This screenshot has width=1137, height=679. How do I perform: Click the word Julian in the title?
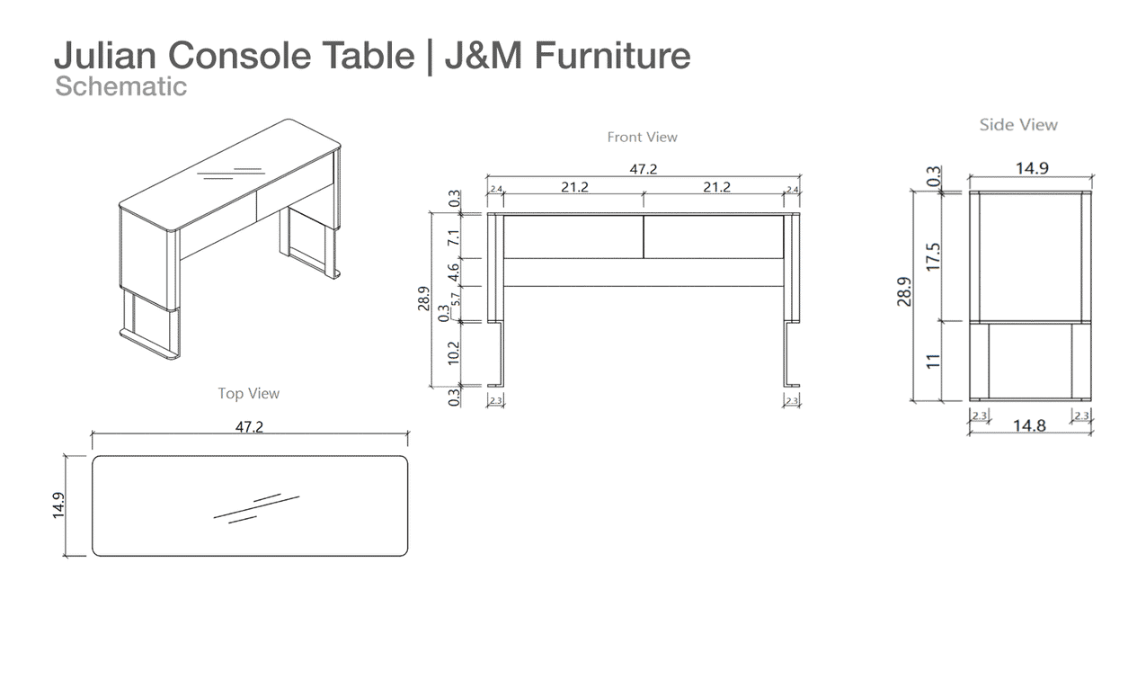(105, 55)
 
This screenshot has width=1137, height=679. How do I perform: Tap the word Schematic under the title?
(120, 86)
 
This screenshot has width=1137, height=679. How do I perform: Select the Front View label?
(642, 137)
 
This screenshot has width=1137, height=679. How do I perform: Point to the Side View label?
(1018, 125)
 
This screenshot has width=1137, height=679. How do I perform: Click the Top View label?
(249, 394)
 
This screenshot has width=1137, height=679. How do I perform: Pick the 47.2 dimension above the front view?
(644, 169)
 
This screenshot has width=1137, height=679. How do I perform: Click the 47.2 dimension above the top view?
(249, 427)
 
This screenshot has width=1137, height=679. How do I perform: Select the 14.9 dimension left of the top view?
(58, 505)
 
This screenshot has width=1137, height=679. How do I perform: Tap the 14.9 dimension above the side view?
(1032, 168)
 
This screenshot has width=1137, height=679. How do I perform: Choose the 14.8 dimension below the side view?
(1029, 425)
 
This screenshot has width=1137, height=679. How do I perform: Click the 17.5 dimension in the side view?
(933, 257)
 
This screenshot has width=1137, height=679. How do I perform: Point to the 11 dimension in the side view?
(933, 361)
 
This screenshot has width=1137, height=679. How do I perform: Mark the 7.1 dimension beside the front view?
(453, 237)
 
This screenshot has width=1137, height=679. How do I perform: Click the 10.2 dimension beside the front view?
(453, 353)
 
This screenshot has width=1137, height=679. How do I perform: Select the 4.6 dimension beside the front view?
(453, 272)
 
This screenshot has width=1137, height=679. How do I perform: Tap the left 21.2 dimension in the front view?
(574, 187)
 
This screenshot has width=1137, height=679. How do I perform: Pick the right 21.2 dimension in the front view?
(716, 187)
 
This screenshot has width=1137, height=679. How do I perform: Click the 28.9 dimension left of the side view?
(904, 291)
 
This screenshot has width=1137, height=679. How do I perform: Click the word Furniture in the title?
(613, 55)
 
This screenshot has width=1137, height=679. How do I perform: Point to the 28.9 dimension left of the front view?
(423, 299)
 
